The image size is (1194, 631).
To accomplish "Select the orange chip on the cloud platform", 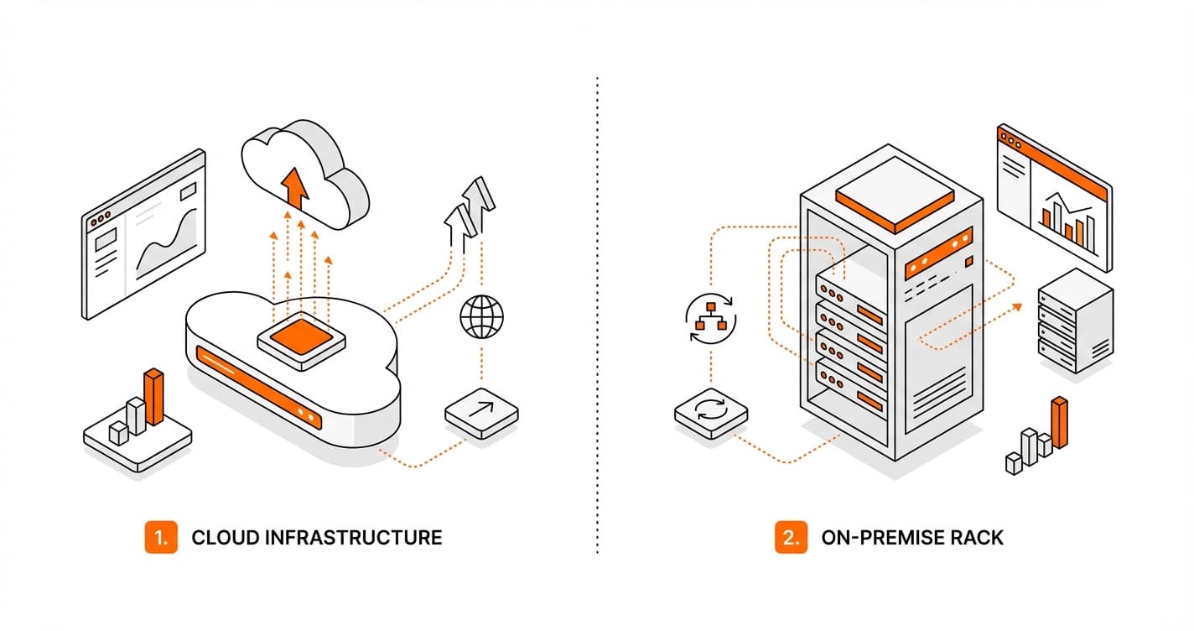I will click(301, 337).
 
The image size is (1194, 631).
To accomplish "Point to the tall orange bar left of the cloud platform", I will click(154, 396).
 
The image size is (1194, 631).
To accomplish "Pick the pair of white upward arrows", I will click(470, 206).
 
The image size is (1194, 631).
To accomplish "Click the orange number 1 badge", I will click(161, 537).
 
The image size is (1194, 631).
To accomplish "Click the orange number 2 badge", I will click(790, 537).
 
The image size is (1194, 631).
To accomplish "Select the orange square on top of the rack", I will click(896, 201).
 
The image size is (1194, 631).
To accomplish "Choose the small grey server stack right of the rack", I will click(1074, 321).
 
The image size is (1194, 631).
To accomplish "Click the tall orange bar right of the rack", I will click(1060, 422).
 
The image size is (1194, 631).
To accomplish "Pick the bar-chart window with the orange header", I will click(1053, 197).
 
